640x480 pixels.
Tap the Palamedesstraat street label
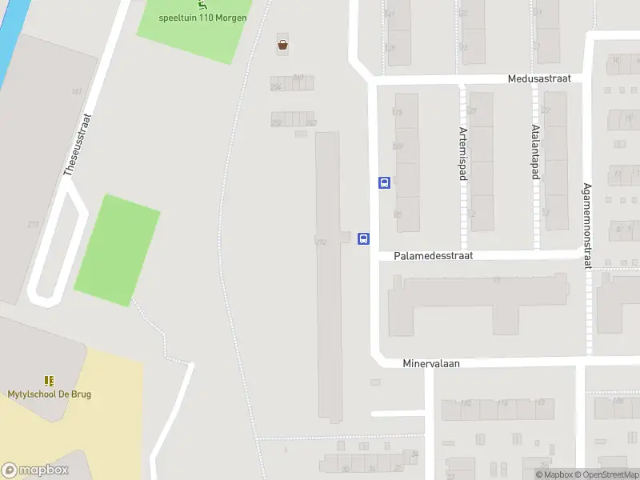pos(434,255)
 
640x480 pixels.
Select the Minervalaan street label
pos(431,362)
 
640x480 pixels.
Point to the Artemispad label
pos(462,153)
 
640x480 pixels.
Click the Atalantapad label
pos(534,149)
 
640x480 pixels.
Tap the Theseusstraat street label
pos(77,144)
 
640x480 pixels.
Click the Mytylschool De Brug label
pos(49,394)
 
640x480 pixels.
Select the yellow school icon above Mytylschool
pos(49,381)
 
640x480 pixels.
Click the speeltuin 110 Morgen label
pos(202,18)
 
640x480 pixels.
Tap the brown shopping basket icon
pos(282,45)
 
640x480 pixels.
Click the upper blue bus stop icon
pos(384,182)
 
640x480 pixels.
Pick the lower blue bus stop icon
pos(363,238)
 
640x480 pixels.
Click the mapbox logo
pos(35,470)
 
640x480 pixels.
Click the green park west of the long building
pos(117,250)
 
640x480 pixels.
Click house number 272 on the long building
pos(321,241)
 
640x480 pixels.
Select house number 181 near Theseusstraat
pos(77,92)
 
